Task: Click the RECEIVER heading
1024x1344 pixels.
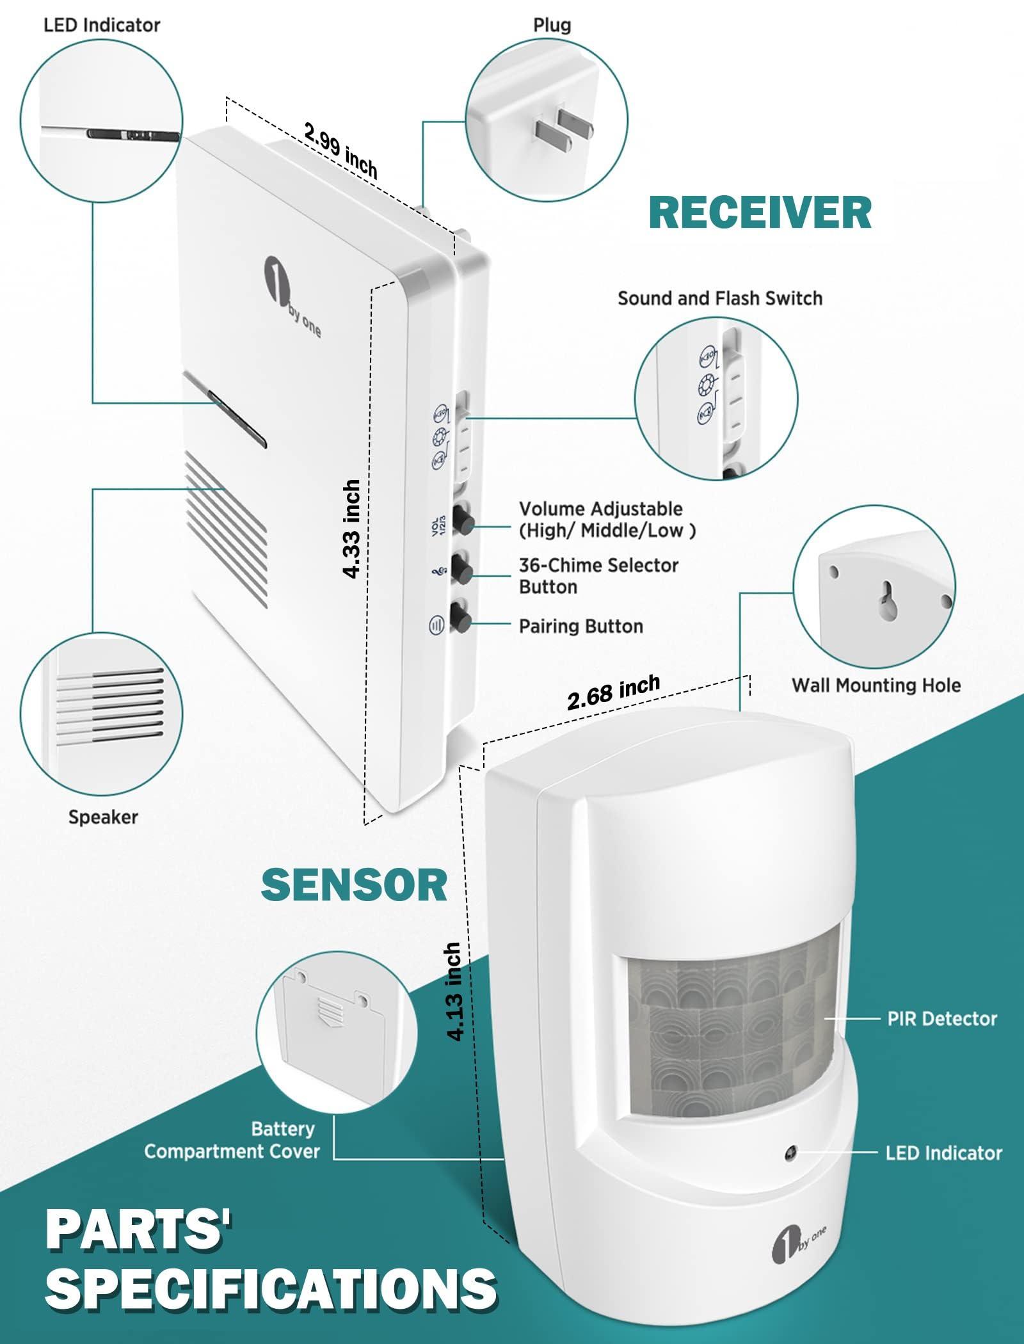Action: click(x=760, y=212)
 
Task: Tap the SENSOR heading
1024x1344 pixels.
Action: click(x=353, y=885)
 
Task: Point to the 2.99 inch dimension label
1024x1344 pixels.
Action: click(x=340, y=151)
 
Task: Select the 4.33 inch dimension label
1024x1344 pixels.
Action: click(x=351, y=529)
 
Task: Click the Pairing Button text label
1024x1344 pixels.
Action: click(x=580, y=626)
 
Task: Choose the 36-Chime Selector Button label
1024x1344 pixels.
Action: click(x=598, y=575)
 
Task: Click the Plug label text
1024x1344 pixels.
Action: click(x=552, y=26)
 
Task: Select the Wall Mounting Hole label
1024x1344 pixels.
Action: click(x=876, y=685)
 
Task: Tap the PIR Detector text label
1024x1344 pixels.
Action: click(x=941, y=1018)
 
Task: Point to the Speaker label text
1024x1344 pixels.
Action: click(x=103, y=817)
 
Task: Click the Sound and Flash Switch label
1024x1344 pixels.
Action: click(x=719, y=298)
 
